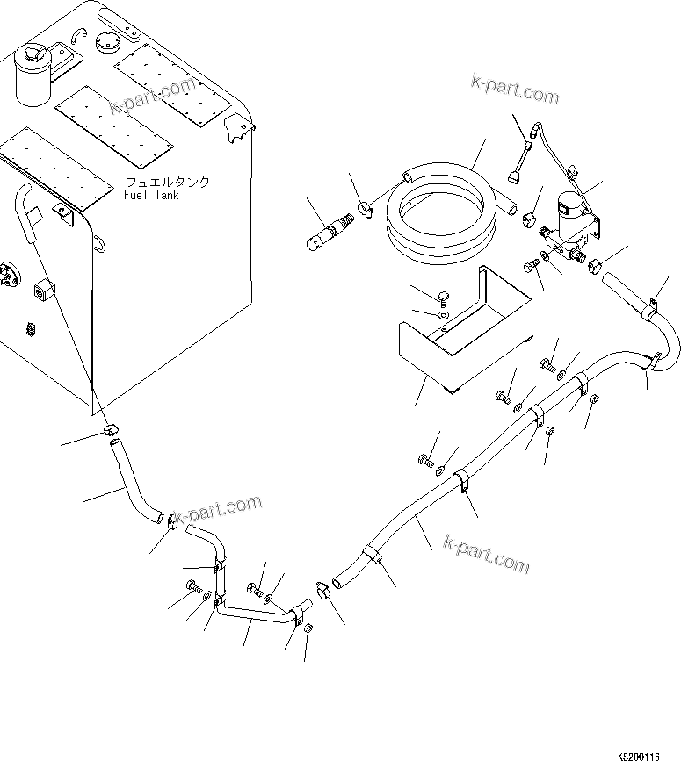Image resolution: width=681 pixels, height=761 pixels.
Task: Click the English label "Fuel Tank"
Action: coord(151,195)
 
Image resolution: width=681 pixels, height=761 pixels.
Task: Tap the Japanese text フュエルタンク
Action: coord(167,183)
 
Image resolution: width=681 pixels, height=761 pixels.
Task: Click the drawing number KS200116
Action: coord(648,754)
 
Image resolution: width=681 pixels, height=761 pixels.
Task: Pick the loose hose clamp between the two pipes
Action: coord(322,588)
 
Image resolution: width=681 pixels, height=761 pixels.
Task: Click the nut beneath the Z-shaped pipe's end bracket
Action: coord(308,627)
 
